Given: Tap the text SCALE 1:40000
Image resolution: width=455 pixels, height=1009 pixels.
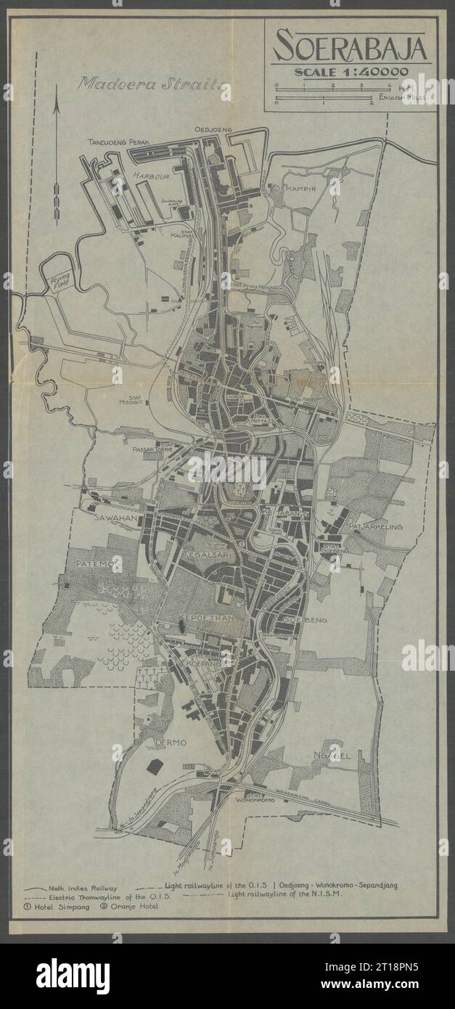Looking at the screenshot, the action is pos(349,71).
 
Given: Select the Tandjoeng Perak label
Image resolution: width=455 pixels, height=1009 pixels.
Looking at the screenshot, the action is pos(118,143).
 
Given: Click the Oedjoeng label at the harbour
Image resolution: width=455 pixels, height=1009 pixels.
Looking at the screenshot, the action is pos(213,129).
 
